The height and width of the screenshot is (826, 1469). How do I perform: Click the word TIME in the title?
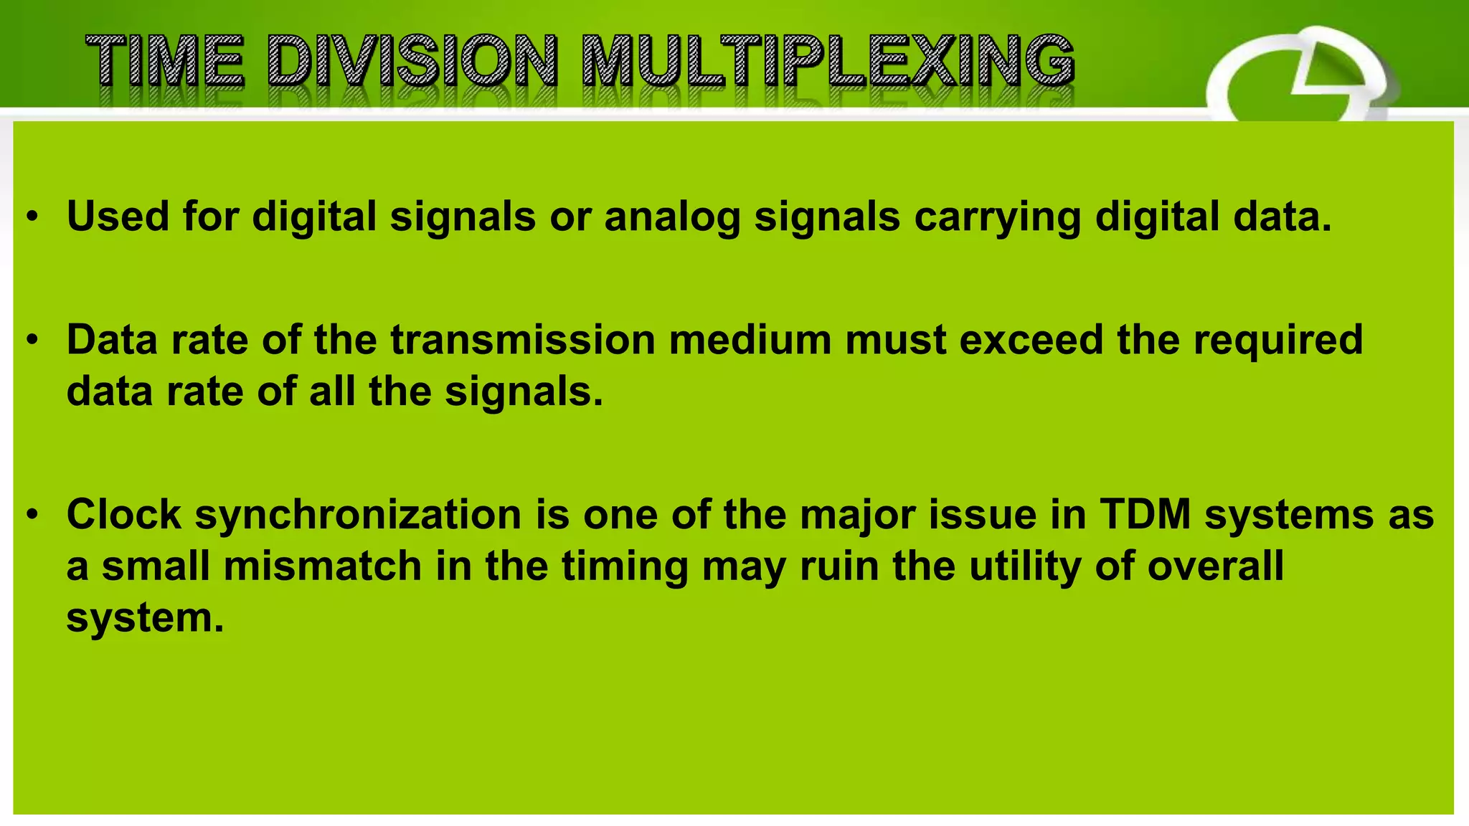pyautogui.click(x=165, y=62)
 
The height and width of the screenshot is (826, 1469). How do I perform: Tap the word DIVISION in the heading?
pyautogui.click(x=412, y=62)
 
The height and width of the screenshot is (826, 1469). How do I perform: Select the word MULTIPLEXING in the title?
pyautogui.click(x=828, y=62)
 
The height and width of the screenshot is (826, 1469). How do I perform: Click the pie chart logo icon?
pyautogui.click(x=1302, y=79)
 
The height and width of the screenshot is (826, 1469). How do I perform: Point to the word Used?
pyautogui.click(x=118, y=216)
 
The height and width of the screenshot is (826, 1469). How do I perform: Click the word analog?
pyautogui.click(x=672, y=217)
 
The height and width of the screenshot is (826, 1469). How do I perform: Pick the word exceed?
pyautogui.click(x=1031, y=339)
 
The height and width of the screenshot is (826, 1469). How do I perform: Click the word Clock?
pyautogui.click(x=124, y=514)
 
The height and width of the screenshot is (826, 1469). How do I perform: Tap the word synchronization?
pyautogui.click(x=358, y=516)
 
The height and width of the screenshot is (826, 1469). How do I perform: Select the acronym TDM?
pyautogui.click(x=1146, y=514)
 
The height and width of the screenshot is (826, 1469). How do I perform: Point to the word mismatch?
pyautogui.click(x=322, y=566)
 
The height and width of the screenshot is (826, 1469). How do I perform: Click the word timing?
pyautogui.click(x=624, y=567)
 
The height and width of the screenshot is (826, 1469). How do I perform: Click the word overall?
pyautogui.click(x=1215, y=566)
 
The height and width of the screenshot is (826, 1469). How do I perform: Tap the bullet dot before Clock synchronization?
pyautogui.click(x=32, y=516)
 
